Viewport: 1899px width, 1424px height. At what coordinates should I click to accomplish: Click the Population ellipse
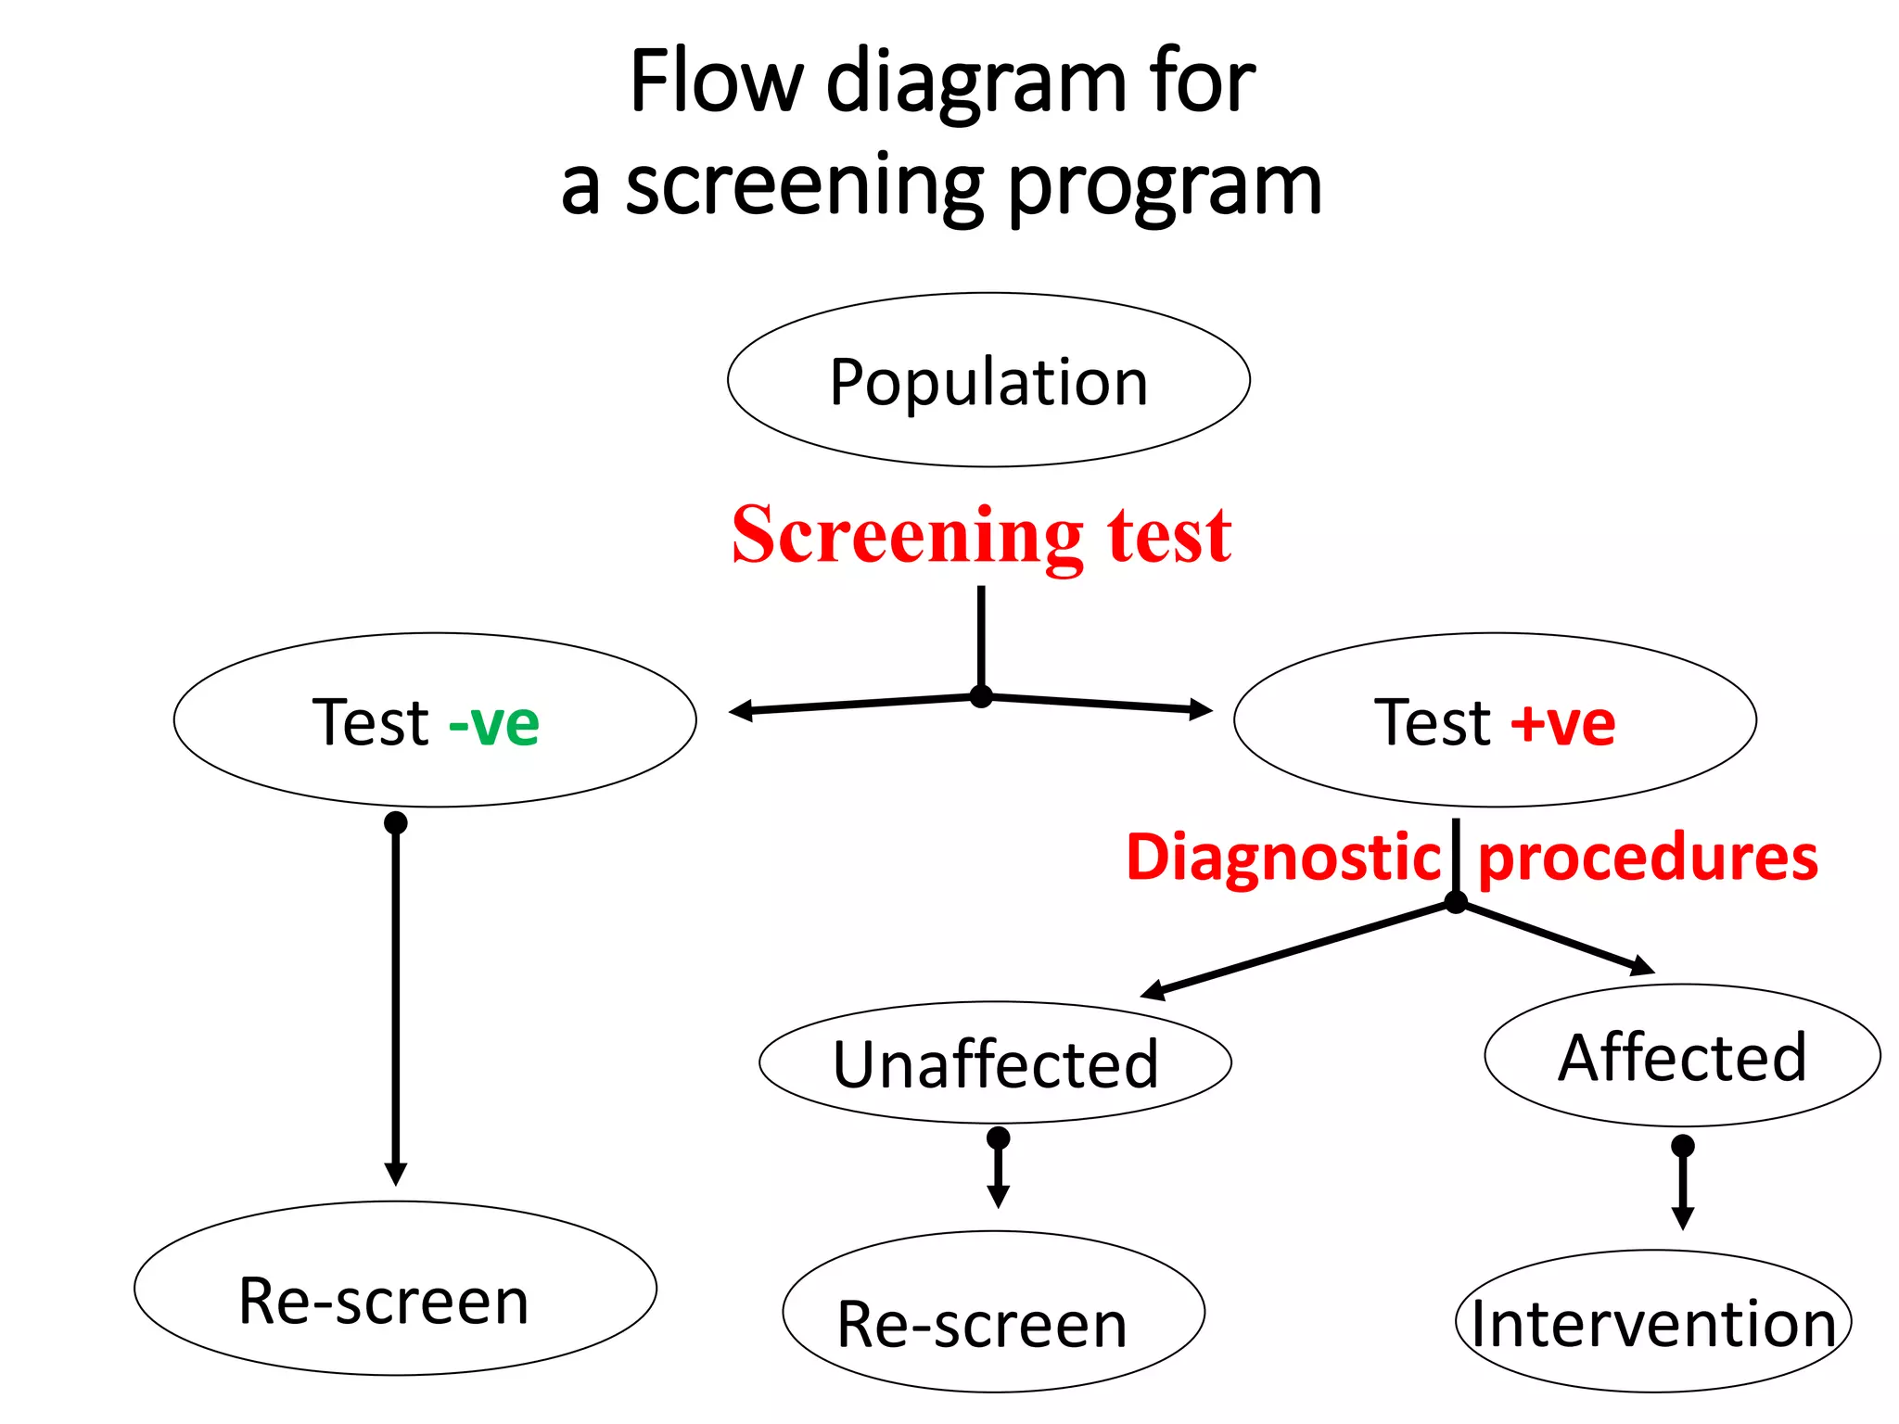988,380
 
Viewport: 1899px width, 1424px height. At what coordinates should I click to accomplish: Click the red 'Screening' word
907,535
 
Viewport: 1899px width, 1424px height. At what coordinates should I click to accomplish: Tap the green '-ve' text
493,723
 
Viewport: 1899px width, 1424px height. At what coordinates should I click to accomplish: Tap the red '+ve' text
1563,723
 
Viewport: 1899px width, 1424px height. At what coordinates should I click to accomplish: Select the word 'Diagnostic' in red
1282,857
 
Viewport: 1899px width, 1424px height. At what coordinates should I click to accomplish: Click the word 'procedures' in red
1648,857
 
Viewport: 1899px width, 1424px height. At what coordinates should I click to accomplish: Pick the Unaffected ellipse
995,1062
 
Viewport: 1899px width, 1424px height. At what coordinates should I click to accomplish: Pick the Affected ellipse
1682,1056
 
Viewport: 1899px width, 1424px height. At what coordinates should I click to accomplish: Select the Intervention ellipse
1653,1322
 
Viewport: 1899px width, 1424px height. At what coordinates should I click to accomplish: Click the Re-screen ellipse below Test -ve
395,1289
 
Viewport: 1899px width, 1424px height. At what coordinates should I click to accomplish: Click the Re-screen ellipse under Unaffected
993,1312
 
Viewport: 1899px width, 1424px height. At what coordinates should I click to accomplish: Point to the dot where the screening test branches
981,696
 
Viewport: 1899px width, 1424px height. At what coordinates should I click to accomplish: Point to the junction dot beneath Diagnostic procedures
1456,902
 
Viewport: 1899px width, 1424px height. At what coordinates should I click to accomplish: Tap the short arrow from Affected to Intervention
1683,1187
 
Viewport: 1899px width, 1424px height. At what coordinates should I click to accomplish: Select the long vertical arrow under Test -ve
396,1001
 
